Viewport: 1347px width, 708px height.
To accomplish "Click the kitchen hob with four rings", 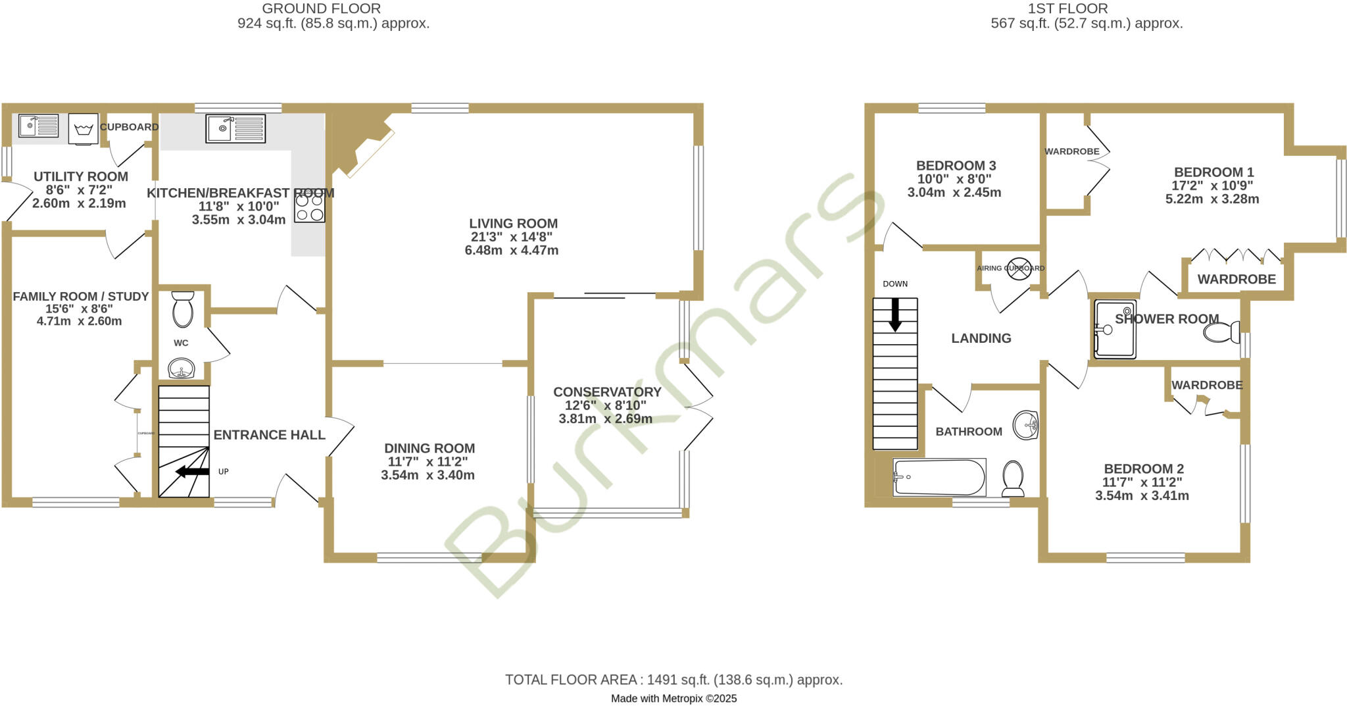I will pyautogui.click(x=309, y=207).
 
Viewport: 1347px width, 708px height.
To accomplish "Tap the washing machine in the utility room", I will pyautogui.click(x=84, y=129).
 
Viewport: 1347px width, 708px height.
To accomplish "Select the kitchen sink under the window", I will pyautogui.click(x=235, y=128).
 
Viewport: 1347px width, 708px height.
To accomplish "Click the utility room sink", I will pyautogui.click(x=38, y=126).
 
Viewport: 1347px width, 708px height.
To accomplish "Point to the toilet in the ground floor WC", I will pyautogui.click(x=183, y=310).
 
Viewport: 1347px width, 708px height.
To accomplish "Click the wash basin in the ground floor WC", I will pyautogui.click(x=181, y=368).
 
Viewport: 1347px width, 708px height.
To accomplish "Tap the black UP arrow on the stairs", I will pyautogui.click(x=191, y=471).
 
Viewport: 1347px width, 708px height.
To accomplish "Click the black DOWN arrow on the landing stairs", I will pyautogui.click(x=894, y=315).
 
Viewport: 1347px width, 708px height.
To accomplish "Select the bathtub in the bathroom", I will pyautogui.click(x=939, y=477).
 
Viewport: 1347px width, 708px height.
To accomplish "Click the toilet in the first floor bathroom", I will pyautogui.click(x=1013, y=478).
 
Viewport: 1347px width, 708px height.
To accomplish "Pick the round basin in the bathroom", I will pyautogui.click(x=1025, y=424).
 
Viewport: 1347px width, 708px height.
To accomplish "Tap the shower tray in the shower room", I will pyautogui.click(x=1115, y=329).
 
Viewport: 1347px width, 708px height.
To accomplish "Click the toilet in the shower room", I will pyautogui.click(x=1222, y=332).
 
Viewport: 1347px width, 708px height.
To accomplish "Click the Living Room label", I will pyautogui.click(x=513, y=224).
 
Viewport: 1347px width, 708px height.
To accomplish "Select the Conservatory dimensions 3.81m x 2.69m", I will pyautogui.click(x=605, y=419).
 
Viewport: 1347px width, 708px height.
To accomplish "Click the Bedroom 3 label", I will pyautogui.click(x=956, y=166).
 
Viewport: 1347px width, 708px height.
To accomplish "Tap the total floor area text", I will pyautogui.click(x=673, y=680).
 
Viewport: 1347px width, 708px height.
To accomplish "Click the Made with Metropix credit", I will pyautogui.click(x=673, y=699).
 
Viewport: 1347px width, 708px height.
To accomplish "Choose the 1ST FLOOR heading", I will pyautogui.click(x=1086, y=9).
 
